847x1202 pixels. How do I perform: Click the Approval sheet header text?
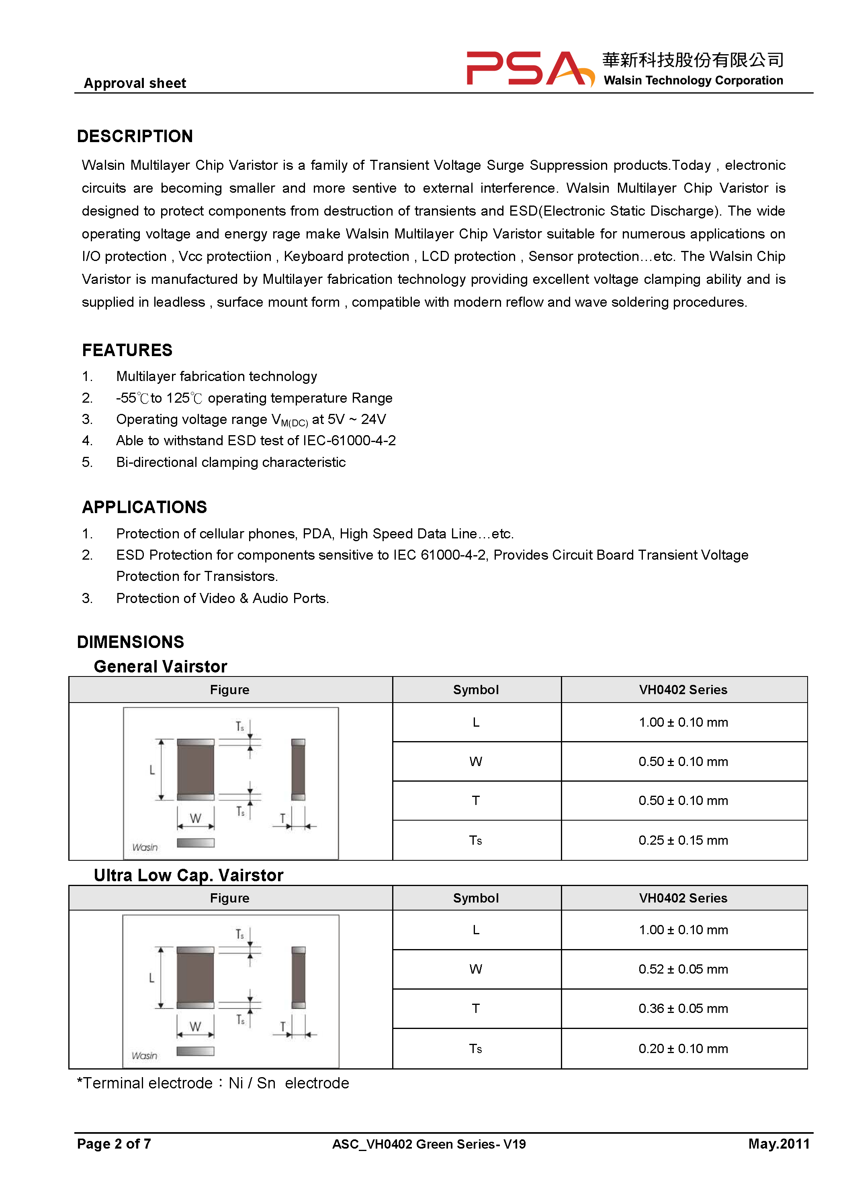click(135, 83)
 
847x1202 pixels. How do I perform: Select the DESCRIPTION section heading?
click(135, 136)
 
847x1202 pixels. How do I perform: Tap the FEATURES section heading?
click(127, 350)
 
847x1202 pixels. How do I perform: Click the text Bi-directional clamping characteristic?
click(231, 462)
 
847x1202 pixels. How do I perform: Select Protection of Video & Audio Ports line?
click(222, 598)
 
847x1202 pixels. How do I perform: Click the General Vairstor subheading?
click(160, 666)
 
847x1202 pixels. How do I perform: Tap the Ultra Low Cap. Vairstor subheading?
click(188, 875)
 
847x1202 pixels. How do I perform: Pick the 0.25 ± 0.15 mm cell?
click(683, 840)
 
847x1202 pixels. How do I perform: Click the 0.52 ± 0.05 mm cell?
click(683, 969)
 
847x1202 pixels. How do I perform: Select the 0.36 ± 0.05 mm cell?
click(683, 1008)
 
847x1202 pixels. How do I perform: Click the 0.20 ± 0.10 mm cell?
click(683, 1048)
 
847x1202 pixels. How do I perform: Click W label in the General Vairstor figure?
click(195, 818)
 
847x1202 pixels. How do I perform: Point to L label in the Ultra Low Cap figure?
click(151, 978)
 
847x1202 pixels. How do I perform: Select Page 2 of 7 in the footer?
click(114, 1143)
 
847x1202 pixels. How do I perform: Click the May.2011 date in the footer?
click(778, 1143)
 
